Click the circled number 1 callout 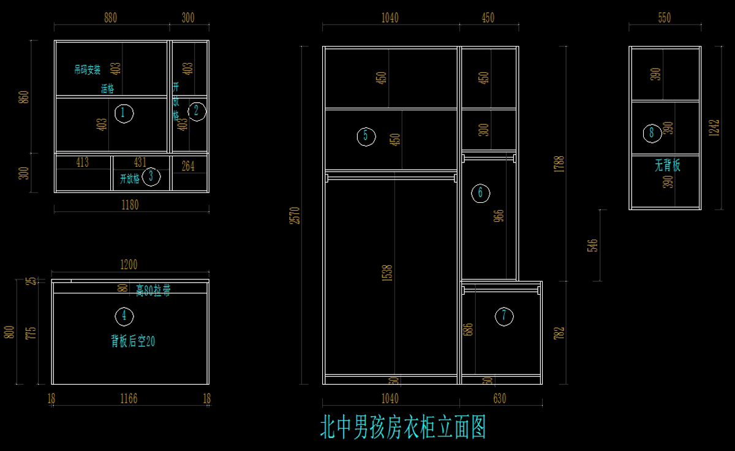(124, 113)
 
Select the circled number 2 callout (197, 111)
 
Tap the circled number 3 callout (151, 177)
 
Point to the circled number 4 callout (124, 316)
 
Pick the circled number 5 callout (366, 136)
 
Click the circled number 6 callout (480, 193)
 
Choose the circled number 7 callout (504, 316)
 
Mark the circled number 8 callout (652, 132)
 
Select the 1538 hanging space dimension (386, 273)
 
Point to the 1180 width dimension (130, 205)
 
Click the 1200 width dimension (129, 265)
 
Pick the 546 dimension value (592, 246)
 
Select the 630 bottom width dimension (499, 399)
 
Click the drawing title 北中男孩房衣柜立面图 (402, 427)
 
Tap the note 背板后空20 (133, 341)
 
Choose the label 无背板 (668, 165)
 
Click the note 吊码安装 (87, 70)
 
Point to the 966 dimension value (499, 216)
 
